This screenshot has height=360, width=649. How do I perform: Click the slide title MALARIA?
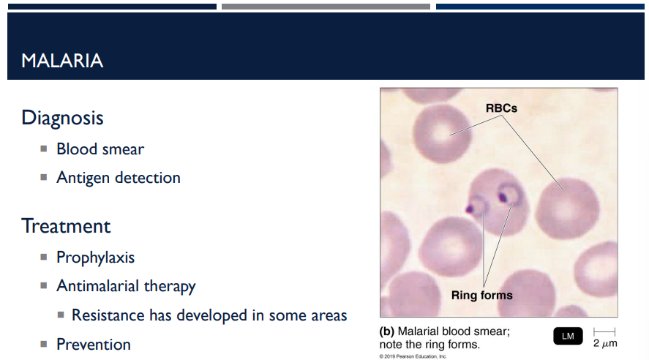(x=62, y=61)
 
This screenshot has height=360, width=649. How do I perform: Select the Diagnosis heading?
(x=62, y=117)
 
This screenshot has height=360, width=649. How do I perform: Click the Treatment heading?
(x=66, y=225)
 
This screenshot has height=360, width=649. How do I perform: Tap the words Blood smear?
(x=100, y=149)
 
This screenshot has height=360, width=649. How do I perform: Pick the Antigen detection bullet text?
(x=119, y=178)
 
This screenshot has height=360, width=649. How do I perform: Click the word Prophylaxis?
(x=96, y=258)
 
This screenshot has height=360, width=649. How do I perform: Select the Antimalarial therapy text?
(x=126, y=286)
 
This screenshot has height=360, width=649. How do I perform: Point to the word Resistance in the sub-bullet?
(x=108, y=315)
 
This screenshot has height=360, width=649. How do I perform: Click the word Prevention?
(x=94, y=344)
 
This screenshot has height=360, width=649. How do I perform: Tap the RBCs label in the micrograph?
(x=501, y=108)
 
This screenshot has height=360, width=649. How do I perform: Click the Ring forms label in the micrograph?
(x=481, y=296)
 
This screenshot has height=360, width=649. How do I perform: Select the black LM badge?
(x=568, y=336)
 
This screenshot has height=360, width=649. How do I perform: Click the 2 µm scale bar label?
(x=605, y=342)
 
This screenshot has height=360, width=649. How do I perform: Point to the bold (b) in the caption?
(x=387, y=331)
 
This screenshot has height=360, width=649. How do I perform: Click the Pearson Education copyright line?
(x=413, y=356)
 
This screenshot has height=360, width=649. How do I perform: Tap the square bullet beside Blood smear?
(x=45, y=149)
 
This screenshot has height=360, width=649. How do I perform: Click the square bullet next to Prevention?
(x=45, y=344)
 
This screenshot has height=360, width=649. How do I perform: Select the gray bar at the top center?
(x=326, y=7)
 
